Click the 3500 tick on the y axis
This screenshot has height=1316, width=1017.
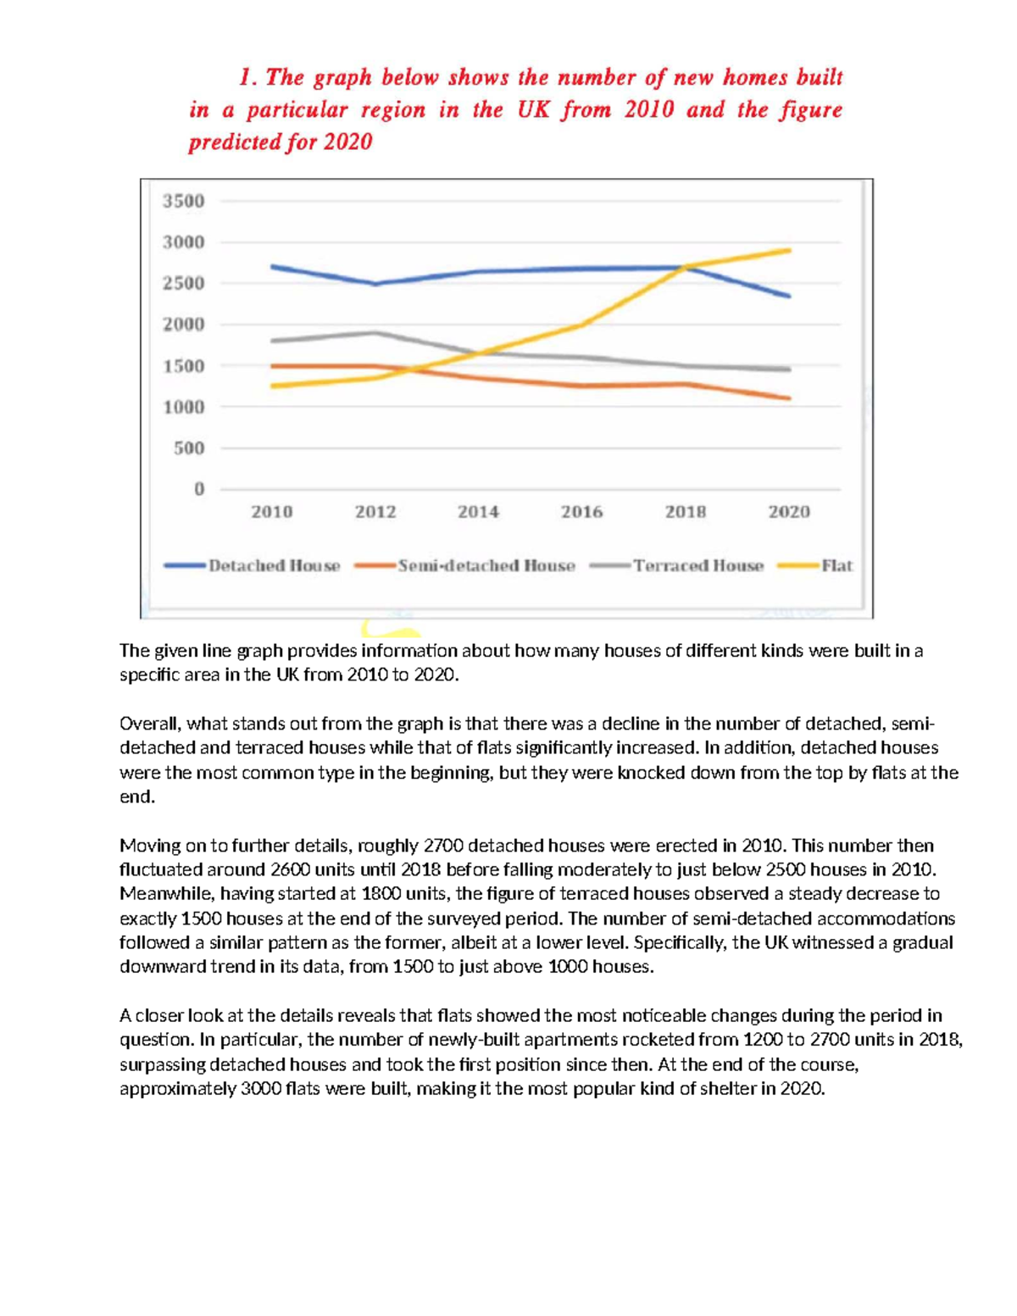tap(184, 201)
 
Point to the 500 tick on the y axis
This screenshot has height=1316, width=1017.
tap(189, 447)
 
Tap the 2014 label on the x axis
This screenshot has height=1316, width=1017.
tap(478, 512)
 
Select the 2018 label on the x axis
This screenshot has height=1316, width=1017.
tap(685, 512)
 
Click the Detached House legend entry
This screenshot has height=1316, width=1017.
tap(274, 566)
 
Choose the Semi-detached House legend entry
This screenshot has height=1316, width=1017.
tap(486, 566)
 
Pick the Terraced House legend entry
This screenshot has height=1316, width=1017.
tap(697, 566)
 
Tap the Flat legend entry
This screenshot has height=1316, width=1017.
tap(836, 566)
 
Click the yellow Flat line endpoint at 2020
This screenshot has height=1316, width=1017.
tap(789, 250)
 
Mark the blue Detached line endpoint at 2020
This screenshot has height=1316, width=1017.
tap(789, 296)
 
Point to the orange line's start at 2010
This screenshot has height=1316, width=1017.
tap(272, 366)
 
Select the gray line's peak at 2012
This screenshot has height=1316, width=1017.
tap(375, 333)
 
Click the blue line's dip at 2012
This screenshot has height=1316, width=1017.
tap(375, 284)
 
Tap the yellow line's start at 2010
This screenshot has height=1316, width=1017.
tap(272, 386)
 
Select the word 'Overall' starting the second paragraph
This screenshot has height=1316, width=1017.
tap(148, 724)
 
